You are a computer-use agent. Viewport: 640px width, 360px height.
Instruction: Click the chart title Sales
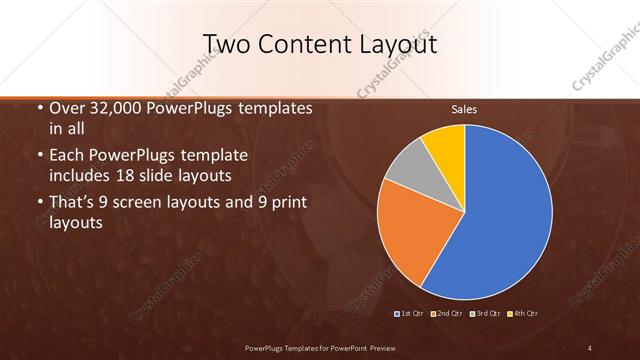click(x=464, y=109)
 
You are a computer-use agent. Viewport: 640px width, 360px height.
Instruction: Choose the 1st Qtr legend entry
click(x=410, y=314)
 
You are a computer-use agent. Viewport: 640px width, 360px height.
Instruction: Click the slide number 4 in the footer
click(x=590, y=347)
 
